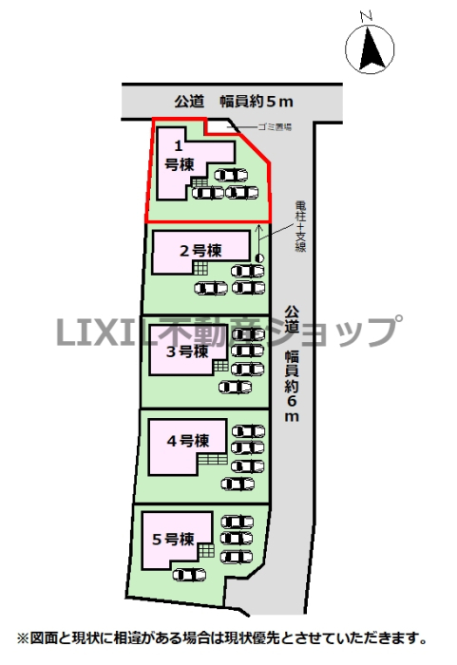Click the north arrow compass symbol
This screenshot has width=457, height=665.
pyautogui.click(x=370, y=47)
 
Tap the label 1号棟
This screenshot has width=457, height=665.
pyautogui.click(x=179, y=156)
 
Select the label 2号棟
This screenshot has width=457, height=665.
pyautogui.click(x=200, y=251)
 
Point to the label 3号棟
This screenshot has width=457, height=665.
pyautogui.click(x=187, y=351)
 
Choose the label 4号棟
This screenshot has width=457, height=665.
pyautogui.click(x=188, y=441)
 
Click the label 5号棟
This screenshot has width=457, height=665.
pyautogui.click(x=173, y=539)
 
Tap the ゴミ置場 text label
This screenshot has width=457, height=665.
pyautogui.click(x=275, y=126)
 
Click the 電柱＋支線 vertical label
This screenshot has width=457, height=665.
pyautogui.click(x=300, y=226)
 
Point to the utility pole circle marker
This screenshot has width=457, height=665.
pyautogui.click(x=259, y=257)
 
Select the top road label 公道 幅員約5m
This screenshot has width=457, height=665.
pyautogui.click(x=234, y=102)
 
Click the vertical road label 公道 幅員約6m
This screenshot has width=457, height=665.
pyautogui.click(x=292, y=364)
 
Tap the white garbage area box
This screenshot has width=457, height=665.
pyautogui.click(x=221, y=126)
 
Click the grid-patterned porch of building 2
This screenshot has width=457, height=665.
pyautogui.click(x=200, y=268)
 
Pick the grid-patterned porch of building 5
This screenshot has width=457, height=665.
pyautogui.click(x=206, y=551)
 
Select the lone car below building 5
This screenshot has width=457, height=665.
pyautogui.click(x=189, y=574)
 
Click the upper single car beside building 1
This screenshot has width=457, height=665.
pyautogui.click(x=231, y=175)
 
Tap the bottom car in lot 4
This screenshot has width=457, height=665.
pyautogui.click(x=238, y=484)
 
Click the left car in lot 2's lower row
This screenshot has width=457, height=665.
pyautogui.click(x=211, y=289)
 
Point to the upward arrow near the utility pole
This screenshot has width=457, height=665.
pyautogui.click(x=258, y=238)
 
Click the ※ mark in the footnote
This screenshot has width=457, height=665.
pyautogui.click(x=23, y=637)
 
